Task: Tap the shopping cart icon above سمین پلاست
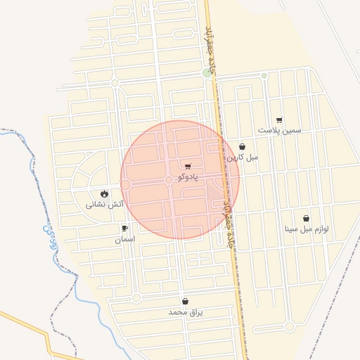279,120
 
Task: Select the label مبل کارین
242,157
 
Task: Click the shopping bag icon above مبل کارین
242,146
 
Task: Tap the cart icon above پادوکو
188,166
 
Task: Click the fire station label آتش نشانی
105,204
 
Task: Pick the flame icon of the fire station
105,193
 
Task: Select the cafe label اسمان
124,239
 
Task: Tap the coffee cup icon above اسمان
124,228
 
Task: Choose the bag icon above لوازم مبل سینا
306,218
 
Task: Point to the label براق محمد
185,311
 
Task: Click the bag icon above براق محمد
185,301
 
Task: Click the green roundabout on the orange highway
207,73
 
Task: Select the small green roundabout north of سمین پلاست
264,76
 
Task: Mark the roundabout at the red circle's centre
169,181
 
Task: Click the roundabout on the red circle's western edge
126,184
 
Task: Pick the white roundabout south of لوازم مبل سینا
289,326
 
